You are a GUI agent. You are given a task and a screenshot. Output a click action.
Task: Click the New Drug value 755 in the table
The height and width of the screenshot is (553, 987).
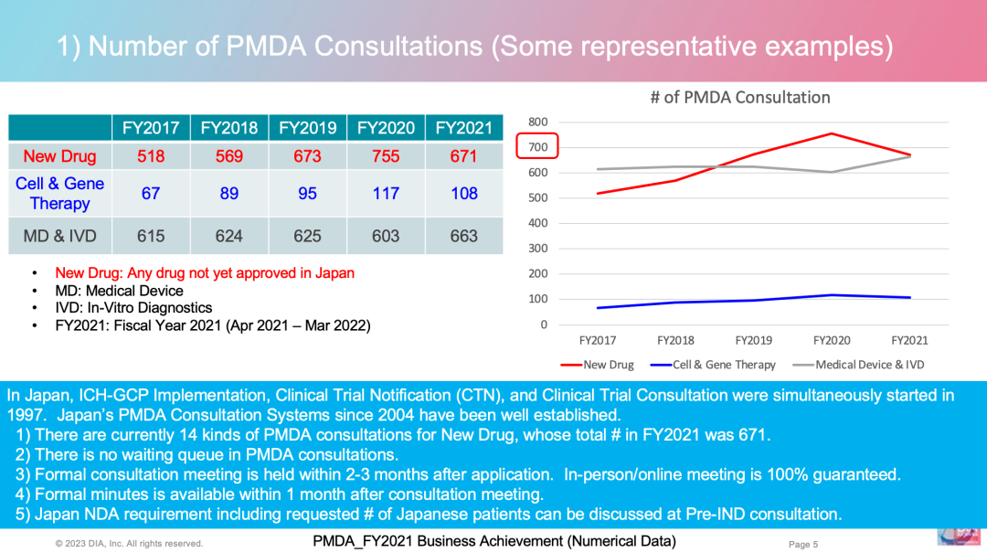pyautogui.click(x=386, y=156)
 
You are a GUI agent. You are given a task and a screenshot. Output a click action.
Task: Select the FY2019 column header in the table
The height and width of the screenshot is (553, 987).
pyautogui.click(x=307, y=128)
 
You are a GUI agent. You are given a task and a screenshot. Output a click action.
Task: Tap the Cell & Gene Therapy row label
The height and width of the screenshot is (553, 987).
pyautogui.click(x=60, y=193)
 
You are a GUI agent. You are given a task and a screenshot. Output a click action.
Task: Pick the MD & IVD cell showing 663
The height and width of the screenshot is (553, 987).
pyautogui.click(x=463, y=236)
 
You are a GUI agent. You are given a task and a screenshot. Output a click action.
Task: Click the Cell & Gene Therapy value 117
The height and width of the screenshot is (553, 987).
pyautogui.click(x=386, y=193)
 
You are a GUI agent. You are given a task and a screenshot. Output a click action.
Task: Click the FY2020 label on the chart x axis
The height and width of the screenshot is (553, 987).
pyautogui.click(x=832, y=340)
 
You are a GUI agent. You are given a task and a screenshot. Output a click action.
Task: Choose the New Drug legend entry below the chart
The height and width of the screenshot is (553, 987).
pyautogui.click(x=599, y=365)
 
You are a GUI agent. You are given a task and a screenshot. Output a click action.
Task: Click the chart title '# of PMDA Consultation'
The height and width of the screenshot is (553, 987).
pyautogui.click(x=739, y=97)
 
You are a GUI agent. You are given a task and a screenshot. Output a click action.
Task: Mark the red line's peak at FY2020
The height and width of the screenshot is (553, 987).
pyautogui.click(x=832, y=133)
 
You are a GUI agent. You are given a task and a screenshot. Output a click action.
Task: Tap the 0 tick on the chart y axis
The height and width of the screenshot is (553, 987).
pyautogui.click(x=544, y=324)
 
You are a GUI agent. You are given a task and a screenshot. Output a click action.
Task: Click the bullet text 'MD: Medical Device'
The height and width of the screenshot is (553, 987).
pyautogui.click(x=119, y=291)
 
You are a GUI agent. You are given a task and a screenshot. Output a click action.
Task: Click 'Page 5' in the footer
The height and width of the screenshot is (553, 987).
pyautogui.click(x=803, y=544)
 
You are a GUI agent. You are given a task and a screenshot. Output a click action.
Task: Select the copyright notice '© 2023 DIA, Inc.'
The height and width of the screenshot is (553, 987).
pyautogui.click(x=128, y=544)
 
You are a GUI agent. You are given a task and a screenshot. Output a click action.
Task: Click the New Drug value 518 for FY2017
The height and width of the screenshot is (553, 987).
pyautogui.click(x=151, y=156)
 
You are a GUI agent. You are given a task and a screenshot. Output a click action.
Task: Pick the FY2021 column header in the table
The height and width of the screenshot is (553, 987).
pyautogui.click(x=463, y=128)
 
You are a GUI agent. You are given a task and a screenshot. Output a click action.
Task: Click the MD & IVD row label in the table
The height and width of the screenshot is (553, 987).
pyautogui.click(x=60, y=236)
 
